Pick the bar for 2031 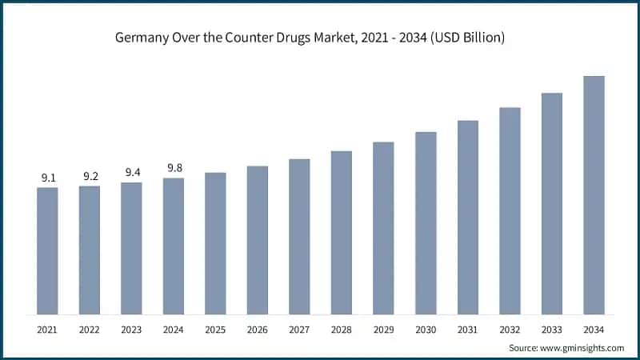tap(467, 217)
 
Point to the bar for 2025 tap(215, 243)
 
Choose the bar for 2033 tap(551, 203)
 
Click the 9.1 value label tap(47, 178)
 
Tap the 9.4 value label tap(131, 173)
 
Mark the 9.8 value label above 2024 tap(174, 168)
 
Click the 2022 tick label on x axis tap(90, 329)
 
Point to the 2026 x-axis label tap(258, 329)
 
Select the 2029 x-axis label tap(383, 329)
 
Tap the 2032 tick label tap(510, 329)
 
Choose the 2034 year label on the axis tap(594, 329)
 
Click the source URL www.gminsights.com tap(584, 348)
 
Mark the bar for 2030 tap(426, 222)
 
